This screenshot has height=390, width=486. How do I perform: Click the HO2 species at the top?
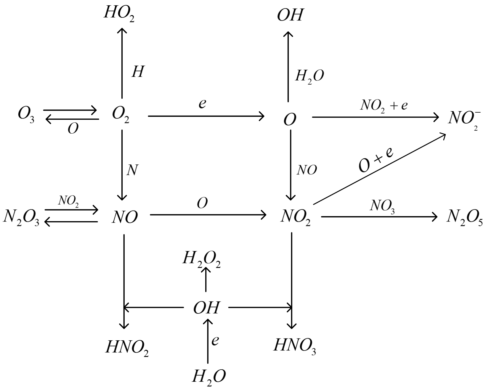[x=119, y=14]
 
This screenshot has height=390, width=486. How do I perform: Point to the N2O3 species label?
[x=21, y=218]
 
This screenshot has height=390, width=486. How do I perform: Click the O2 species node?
[x=121, y=115]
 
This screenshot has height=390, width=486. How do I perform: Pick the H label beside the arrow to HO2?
[x=138, y=72]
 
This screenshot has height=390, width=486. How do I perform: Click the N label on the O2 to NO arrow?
[x=132, y=170]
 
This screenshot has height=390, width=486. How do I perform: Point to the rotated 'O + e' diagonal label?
[x=376, y=160]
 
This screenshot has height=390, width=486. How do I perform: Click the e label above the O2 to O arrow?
[x=202, y=104]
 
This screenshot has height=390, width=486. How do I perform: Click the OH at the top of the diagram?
[x=290, y=15]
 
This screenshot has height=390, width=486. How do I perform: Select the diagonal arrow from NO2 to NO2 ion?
[x=379, y=169]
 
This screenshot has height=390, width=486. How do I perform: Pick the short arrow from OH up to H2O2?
[x=206, y=279]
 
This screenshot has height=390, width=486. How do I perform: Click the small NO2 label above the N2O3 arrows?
[x=68, y=201]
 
